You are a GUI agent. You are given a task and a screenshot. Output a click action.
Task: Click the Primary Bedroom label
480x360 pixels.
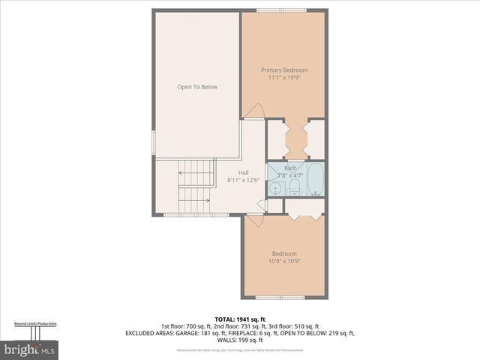point(284,70)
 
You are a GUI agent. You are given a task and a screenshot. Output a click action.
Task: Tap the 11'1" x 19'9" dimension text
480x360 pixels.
point(284,77)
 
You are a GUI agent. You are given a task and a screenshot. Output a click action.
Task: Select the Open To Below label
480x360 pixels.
point(197,87)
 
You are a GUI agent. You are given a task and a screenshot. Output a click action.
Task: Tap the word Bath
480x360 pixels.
point(290,168)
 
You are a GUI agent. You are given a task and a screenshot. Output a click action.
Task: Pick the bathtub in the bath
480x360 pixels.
point(315,179)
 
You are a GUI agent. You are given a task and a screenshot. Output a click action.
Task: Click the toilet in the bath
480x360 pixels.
point(295,186)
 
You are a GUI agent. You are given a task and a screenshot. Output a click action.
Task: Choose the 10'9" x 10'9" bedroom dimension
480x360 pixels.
point(284,260)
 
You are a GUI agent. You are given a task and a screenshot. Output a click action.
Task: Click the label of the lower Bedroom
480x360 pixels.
point(284,253)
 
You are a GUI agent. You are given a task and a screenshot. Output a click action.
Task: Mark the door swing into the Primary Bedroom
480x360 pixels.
point(253,112)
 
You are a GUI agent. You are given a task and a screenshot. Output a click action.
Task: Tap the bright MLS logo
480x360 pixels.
point(30,349)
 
